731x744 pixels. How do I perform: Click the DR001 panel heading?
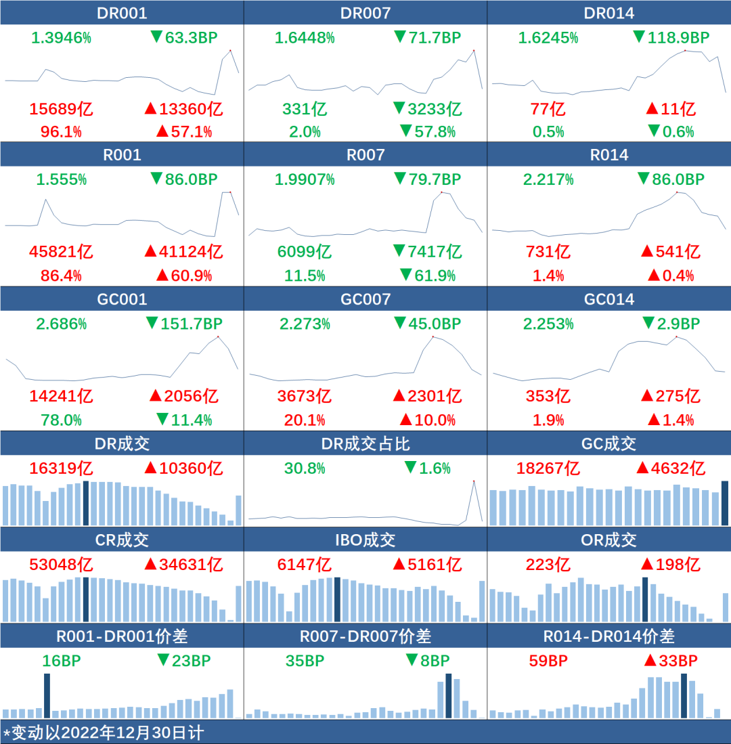pyautogui.click(x=122, y=13)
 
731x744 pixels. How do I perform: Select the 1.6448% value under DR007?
pyautogui.click(x=305, y=38)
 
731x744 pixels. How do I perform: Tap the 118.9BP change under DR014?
pyautogui.click(x=671, y=38)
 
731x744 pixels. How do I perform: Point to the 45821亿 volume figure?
pyautogui.click(x=61, y=252)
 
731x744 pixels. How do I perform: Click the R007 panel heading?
pyautogui.click(x=365, y=155)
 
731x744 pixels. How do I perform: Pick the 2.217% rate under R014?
pyautogui.click(x=548, y=180)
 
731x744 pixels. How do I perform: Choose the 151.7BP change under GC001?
pyautogui.click(x=183, y=324)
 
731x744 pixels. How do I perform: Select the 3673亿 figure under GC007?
pyautogui.click(x=305, y=396)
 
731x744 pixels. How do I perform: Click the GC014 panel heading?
pyautogui.click(x=609, y=299)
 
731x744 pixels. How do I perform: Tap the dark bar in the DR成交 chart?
pyautogui.click(x=86, y=503)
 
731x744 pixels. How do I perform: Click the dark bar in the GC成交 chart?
pyautogui.click(x=725, y=503)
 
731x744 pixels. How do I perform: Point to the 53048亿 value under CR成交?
pyautogui.click(x=61, y=565)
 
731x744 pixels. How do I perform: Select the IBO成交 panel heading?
pyautogui.click(x=365, y=540)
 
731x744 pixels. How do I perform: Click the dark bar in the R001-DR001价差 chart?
pyautogui.click(x=47, y=696)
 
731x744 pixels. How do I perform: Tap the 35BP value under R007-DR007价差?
pyautogui.click(x=304, y=661)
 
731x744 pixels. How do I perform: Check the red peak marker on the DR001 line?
pyautogui.click(x=230, y=50)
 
